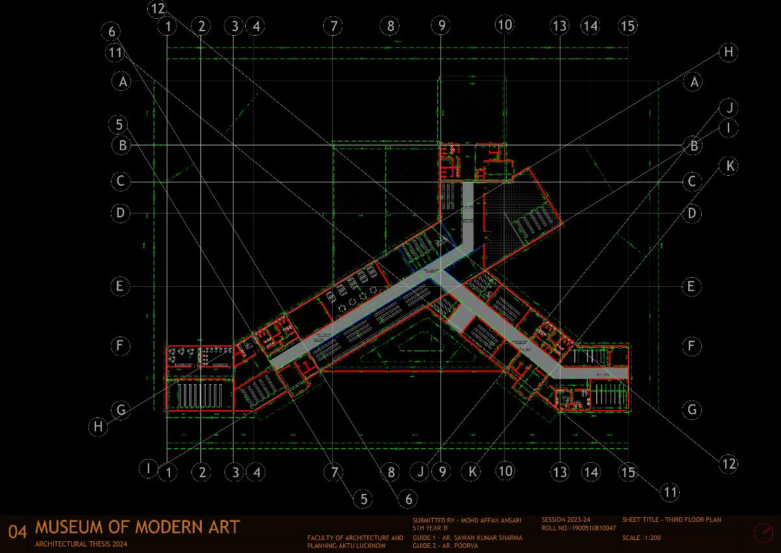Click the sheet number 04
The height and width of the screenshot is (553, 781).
pos(18,532)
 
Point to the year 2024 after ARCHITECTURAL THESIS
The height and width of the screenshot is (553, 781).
pos(118,544)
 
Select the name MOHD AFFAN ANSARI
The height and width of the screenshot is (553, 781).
pos(487,521)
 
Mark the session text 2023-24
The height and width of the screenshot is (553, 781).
pos(577,520)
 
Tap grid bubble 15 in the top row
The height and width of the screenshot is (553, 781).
pos(627,26)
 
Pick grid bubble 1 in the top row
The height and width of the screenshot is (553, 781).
pos(168,27)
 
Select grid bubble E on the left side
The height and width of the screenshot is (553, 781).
pos(121,286)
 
